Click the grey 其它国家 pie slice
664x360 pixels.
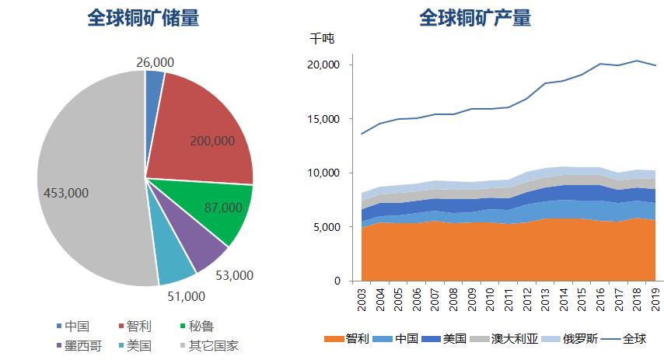tap(86, 179)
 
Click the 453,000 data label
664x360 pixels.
tap(67, 193)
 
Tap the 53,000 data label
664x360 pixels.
tap(234, 274)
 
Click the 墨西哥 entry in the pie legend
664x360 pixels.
tap(79, 346)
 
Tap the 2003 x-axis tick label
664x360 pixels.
tap(362, 299)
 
